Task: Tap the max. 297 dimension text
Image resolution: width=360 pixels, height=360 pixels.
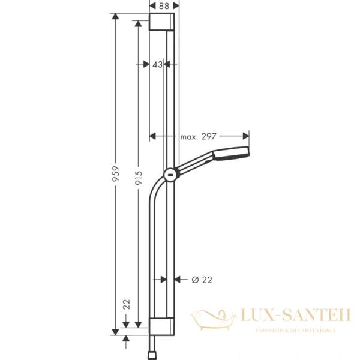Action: [197, 137]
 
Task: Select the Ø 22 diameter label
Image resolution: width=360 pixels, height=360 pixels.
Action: [202, 279]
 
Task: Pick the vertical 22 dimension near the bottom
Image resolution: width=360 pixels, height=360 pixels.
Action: [126, 305]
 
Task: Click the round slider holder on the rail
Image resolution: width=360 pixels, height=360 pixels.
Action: [171, 175]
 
